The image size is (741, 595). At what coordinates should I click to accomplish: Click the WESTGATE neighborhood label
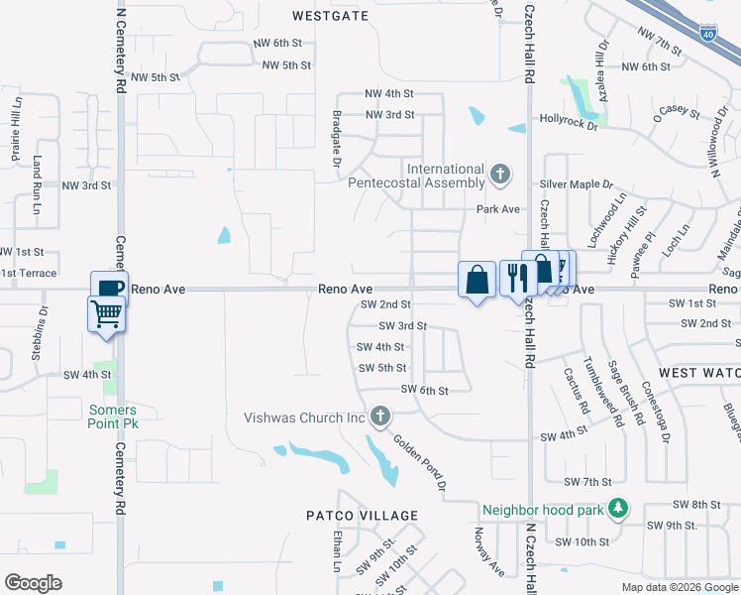(331, 16)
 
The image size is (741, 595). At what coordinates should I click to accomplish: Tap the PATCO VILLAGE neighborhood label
(362, 516)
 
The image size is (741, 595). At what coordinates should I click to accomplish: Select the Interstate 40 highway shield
(707, 35)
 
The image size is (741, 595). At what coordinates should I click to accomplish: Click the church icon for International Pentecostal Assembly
(501, 176)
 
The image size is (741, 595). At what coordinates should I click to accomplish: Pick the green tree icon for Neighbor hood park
(619, 509)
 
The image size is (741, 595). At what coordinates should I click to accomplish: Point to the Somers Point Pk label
(113, 416)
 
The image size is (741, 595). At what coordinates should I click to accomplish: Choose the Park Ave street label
(498, 209)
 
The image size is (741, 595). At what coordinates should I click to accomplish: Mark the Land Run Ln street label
(38, 185)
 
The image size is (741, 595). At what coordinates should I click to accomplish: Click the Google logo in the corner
(34, 583)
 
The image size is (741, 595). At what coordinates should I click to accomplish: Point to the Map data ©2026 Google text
(679, 587)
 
